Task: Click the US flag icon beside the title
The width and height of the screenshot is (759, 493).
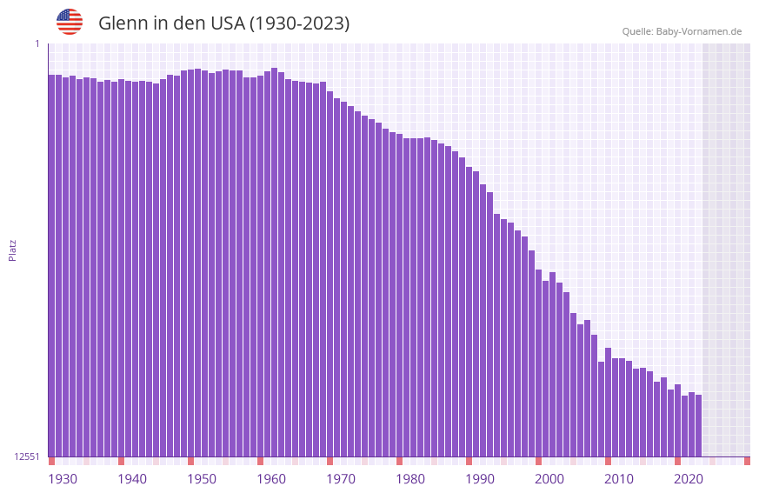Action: click(x=70, y=22)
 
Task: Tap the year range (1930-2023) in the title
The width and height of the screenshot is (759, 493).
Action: click(x=299, y=23)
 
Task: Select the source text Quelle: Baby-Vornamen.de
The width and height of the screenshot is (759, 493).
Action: click(x=682, y=31)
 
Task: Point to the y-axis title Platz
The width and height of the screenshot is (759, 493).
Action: click(x=12, y=250)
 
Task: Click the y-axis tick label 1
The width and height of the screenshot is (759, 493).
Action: click(x=37, y=43)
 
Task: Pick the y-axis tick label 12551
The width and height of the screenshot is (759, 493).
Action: click(x=27, y=456)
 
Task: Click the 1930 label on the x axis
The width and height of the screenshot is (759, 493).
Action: click(x=63, y=479)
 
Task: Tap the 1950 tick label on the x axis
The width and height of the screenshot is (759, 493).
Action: click(x=202, y=479)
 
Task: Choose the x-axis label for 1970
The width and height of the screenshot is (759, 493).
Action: click(x=341, y=479)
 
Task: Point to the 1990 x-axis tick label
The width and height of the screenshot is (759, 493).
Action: click(x=480, y=479)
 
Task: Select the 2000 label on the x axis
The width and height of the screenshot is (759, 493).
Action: click(x=549, y=479)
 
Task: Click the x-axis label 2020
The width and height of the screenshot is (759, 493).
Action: click(x=689, y=479)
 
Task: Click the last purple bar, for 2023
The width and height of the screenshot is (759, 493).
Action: click(x=698, y=425)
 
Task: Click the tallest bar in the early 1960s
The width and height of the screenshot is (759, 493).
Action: click(x=274, y=262)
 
